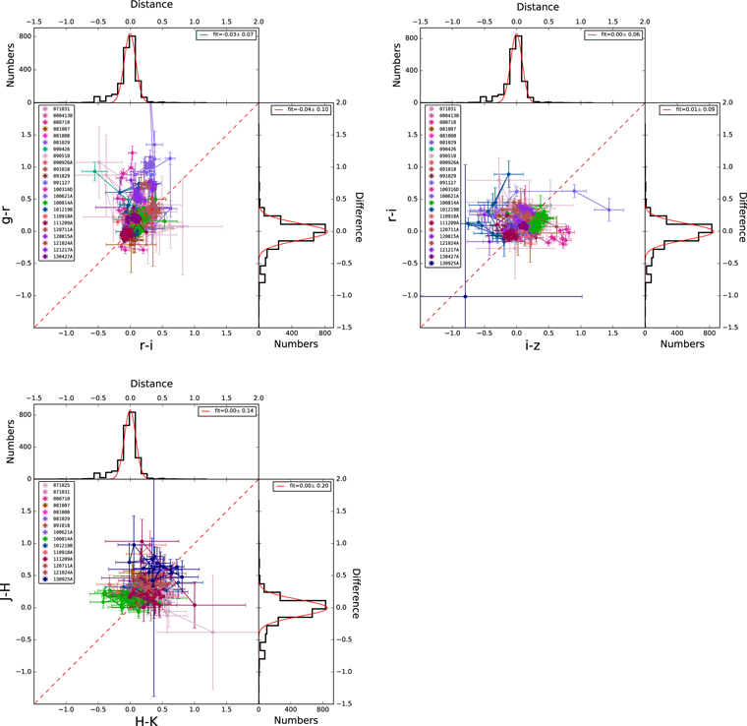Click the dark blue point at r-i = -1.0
coord(465,296)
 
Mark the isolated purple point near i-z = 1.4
coord(609,210)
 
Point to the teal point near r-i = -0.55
coord(95,171)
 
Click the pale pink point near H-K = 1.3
coord(212,633)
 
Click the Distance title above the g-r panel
coord(131,6)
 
